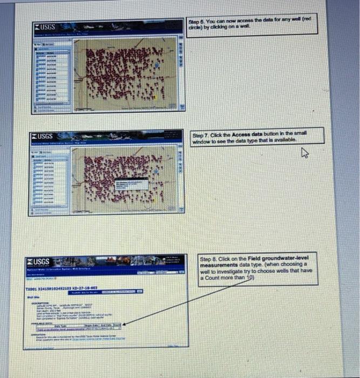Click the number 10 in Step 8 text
250,278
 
